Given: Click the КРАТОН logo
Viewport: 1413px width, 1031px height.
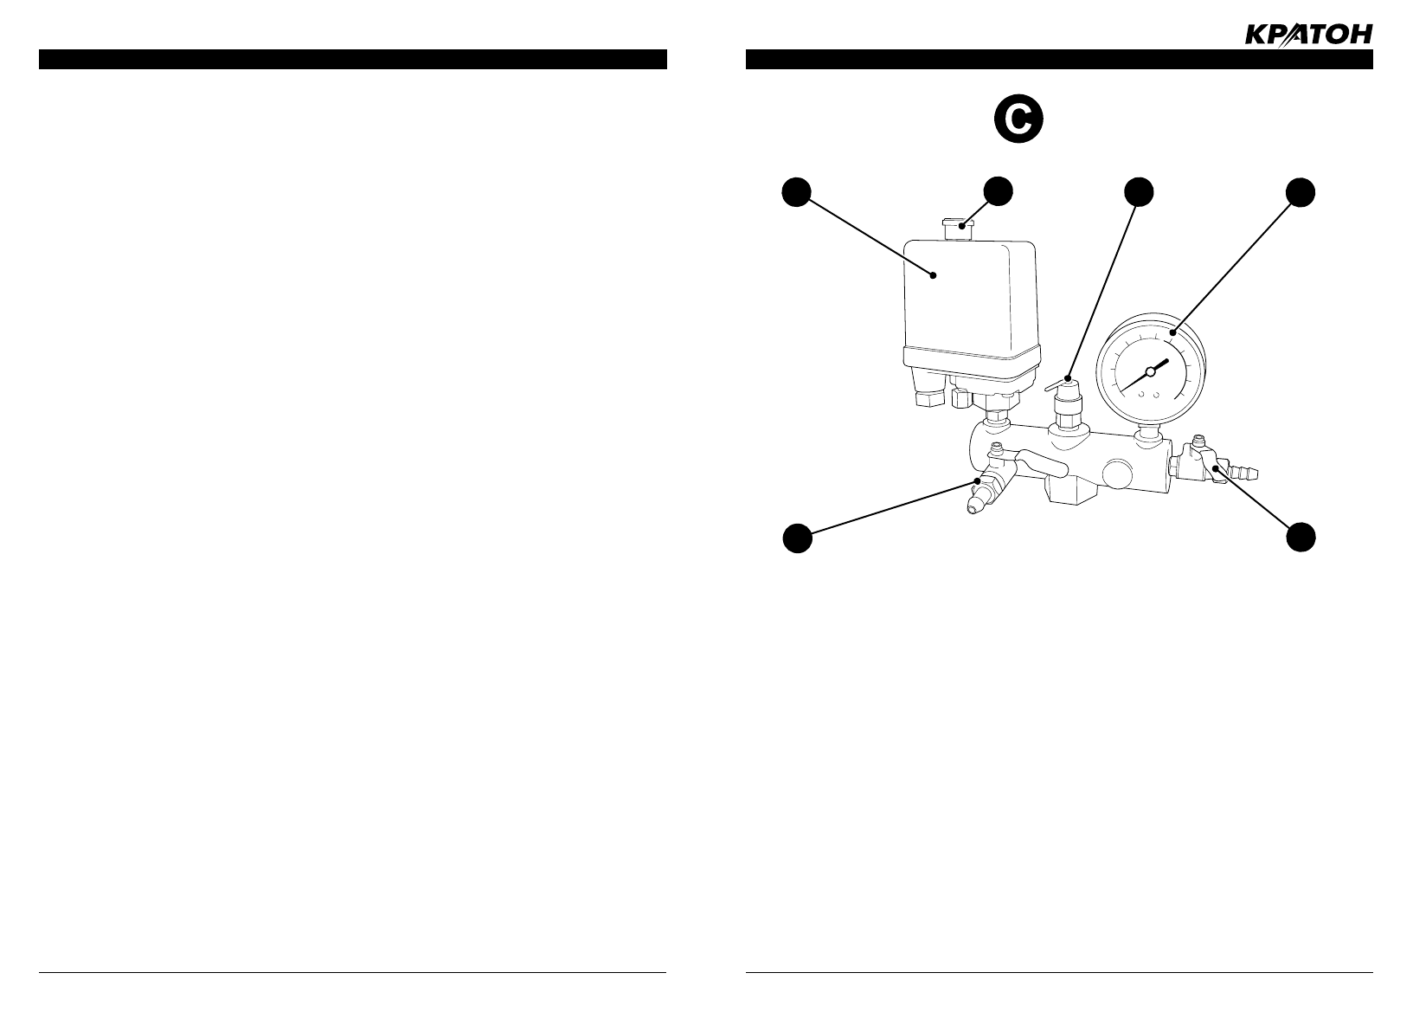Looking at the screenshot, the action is pyautogui.click(x=1307, y=35).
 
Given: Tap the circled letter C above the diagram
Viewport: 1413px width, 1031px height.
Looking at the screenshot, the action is pyautogui.click(x=1018, y=121).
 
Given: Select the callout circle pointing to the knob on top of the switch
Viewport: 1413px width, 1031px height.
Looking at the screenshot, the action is pyautogui.click(x=999, y=192).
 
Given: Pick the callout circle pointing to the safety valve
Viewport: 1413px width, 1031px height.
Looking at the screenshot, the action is pyautogui.click(x=1139, y=192).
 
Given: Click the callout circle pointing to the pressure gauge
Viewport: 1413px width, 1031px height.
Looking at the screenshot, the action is pyautogui.click(x=1299, y=192).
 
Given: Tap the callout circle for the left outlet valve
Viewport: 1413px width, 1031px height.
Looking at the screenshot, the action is pyautogui.click(x=797, y=537).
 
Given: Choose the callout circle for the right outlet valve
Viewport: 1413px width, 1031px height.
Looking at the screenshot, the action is pyautogui.click(x=1299, y=537).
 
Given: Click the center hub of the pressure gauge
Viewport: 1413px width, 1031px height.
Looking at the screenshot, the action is pyautogui.click(x=1150, y=371).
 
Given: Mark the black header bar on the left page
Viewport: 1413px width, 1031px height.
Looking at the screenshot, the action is pyautogui.click(x=352, y=59).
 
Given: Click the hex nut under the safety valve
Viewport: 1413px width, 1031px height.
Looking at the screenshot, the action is pyautogui.click(x=1065, y=425).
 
